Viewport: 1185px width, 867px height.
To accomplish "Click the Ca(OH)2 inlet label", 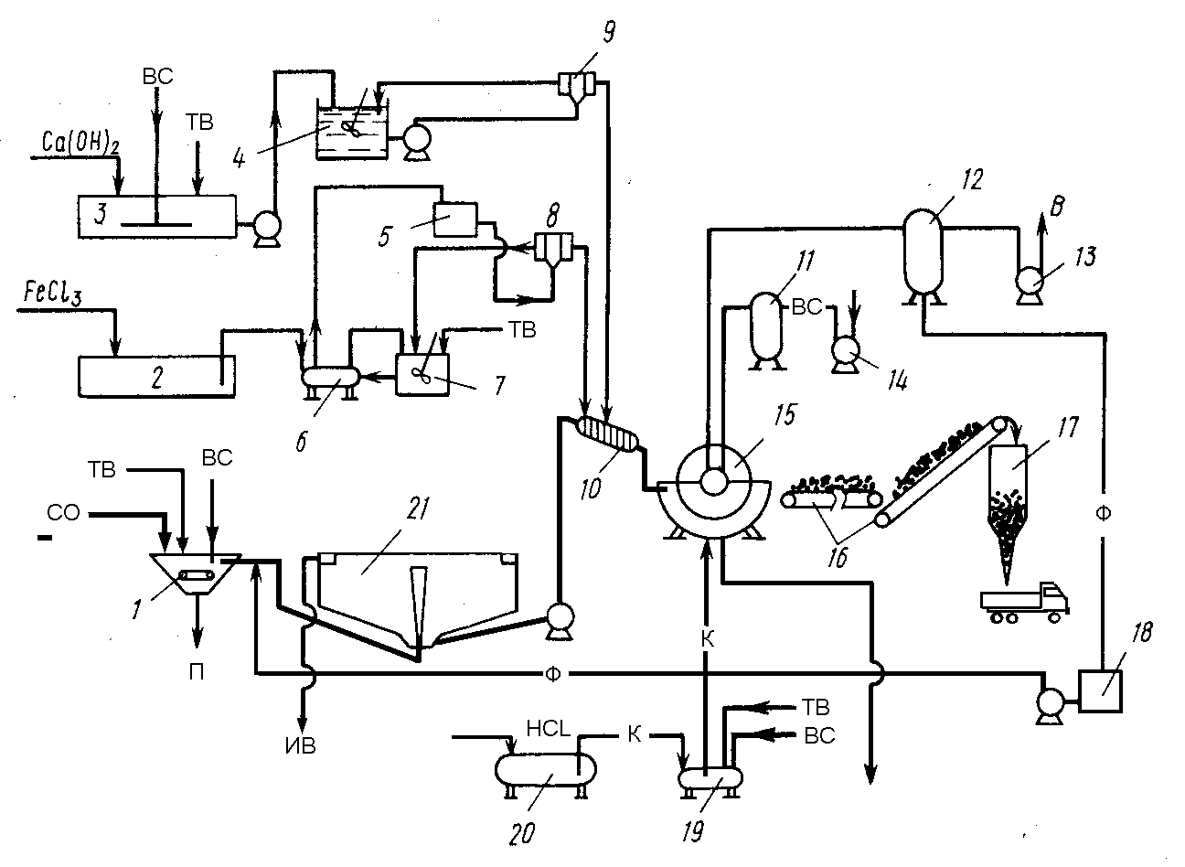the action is [x=80, y=143].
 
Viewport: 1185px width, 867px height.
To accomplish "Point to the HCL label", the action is [x=548, y=730].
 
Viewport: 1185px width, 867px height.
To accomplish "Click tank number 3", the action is [x=157, y=217].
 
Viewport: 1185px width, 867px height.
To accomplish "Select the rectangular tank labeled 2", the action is [x=156, y=376].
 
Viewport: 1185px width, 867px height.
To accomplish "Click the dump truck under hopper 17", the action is [x=1024, y=604].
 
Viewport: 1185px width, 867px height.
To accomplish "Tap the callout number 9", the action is [x=609, y=32].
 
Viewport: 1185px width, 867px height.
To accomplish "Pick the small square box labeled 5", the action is [x=455, y=219].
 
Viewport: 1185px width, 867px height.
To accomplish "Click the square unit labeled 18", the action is [x=1100, y=690].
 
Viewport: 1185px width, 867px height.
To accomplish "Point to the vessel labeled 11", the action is [x=766, y=332].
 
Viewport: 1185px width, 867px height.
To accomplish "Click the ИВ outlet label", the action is [x=300, y=746].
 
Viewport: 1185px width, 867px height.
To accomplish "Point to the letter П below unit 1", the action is [x=197, y=672].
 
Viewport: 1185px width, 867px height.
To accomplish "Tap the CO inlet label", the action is [x=63, y=512].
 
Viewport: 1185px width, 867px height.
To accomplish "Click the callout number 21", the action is [x=417, y=508].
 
